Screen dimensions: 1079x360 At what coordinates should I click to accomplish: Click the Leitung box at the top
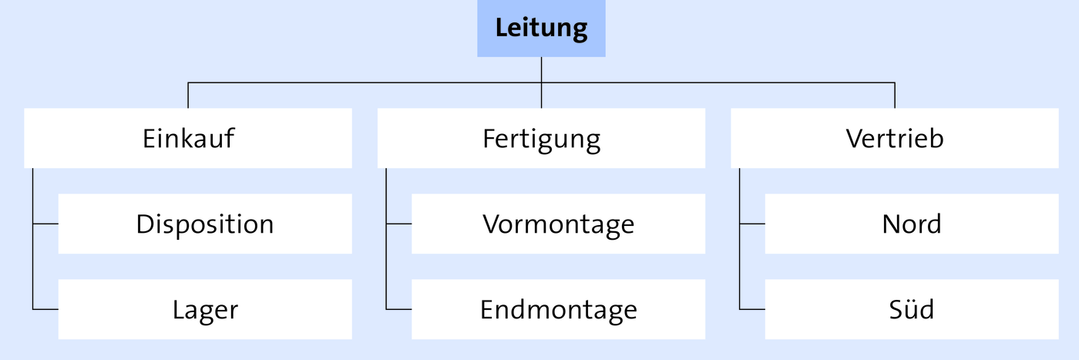pos(541,29)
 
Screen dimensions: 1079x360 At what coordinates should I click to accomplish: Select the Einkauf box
pos(188,138)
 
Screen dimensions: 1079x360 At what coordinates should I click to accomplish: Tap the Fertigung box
pos(541,138)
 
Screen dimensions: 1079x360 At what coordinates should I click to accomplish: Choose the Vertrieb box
pos(895,138)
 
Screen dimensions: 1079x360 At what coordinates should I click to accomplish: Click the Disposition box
pos(205,224)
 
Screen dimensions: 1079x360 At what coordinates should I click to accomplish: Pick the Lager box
pos(205,309)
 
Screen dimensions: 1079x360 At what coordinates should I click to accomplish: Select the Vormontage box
pos(558,224)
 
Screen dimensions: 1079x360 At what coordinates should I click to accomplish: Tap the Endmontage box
pos(558,309)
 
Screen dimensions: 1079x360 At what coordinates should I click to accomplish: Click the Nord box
pos(912,224)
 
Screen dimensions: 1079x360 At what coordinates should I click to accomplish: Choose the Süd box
pos(912,309)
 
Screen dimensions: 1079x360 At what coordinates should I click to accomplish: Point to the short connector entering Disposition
pos(45,224)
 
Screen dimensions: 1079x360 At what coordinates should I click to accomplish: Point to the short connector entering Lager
pos(45,309)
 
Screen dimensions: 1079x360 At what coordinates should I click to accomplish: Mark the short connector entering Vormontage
pos(399,224)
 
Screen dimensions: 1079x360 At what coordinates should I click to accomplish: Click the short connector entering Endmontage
pos(399,309)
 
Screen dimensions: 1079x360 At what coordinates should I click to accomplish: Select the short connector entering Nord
pos(752,224)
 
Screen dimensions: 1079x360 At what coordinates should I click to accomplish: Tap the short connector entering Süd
pos(752,309)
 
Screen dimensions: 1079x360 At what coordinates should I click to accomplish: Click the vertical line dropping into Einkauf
pos(188,96)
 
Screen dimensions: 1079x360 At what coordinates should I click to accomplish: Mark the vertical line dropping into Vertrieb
pos(895,96)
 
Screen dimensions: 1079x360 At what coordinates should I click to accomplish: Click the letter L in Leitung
pos(503,28)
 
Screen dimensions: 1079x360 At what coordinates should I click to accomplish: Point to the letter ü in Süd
pos(911,309)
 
